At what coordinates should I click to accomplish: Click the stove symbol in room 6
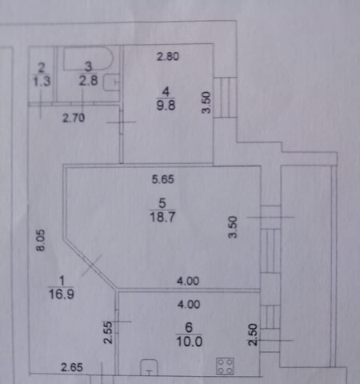coord(225,366)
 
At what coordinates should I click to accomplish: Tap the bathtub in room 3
coord(88,59)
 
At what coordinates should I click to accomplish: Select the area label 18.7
coord(162,217)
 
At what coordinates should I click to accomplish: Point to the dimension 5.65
coord(162,179)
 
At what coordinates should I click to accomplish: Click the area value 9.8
coord(166,105)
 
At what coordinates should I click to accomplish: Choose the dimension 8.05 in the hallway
coord(41,240)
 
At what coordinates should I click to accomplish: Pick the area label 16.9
coord(62,294)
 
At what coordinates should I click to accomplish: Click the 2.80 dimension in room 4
coord(168,57)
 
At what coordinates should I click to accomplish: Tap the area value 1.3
coord(42,80)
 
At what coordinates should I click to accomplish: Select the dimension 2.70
coord(74,118)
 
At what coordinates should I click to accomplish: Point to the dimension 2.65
coord(72,367)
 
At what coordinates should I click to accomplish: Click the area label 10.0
coord(189,342)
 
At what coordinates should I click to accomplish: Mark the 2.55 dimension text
coord(108,332)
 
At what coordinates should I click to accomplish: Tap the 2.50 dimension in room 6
coord(253,334)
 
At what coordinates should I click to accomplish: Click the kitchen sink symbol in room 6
coord(149,367)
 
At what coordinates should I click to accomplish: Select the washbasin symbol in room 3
coord(111,82)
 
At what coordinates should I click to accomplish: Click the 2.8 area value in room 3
coord(88,80)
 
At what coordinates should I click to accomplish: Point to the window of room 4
coord(225,98)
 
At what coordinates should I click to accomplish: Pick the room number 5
coord(162,203)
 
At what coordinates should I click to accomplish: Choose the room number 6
coord(189,327)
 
